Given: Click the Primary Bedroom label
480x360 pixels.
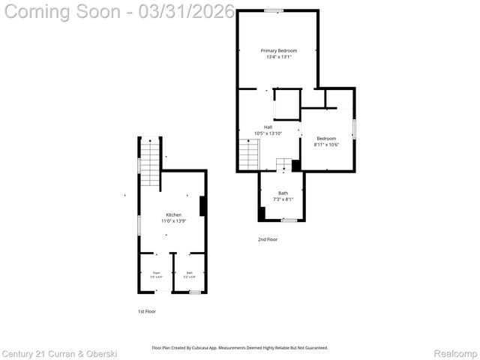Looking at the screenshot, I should point(278,50).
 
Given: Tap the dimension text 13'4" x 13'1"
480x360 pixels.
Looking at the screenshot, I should point(278,57).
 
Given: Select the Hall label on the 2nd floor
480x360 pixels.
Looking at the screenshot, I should point(268,127).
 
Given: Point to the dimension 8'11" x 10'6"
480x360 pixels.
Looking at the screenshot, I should point(326,145).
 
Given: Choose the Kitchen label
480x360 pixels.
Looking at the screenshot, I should point(173,214).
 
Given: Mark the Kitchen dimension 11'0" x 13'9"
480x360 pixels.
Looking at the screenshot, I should point(173,221).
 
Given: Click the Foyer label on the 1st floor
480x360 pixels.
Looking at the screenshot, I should point(157,272).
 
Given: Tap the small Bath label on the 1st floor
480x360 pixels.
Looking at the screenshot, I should point(190,272).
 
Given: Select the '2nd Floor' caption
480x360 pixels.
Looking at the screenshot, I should point(268,239).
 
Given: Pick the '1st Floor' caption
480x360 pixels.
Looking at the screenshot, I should point(147,310).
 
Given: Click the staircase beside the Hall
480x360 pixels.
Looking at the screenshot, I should point(249,155).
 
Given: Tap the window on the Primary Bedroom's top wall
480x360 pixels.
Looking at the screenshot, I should point(274,10).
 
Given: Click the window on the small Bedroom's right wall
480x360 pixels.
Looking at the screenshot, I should point(354,124).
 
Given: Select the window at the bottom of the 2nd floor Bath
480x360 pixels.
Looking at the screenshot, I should point(289,220).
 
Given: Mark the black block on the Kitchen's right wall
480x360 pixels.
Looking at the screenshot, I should point(202,205).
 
